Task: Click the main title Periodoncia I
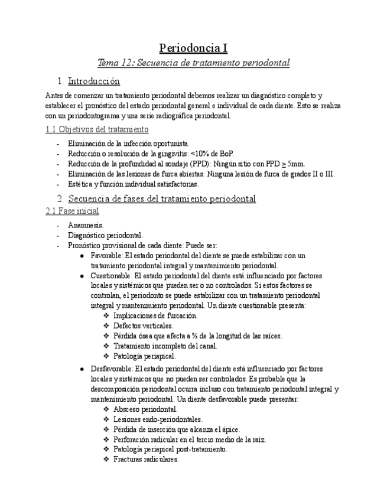(193, 47)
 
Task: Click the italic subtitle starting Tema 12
(193, 63)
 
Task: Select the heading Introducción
(94, 81)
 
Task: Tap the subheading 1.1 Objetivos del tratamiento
(97, 129)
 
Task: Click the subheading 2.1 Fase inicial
(72, 211)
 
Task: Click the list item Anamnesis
(86, 225)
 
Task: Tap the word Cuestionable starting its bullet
(110, 275)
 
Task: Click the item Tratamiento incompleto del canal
(165, 346)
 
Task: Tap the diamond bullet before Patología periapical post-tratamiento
(106, 449)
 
